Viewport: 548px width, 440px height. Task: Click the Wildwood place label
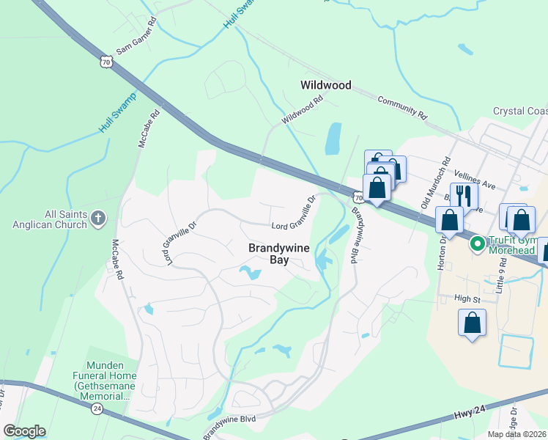coord(326,85)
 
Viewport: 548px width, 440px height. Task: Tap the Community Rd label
coord(402,107)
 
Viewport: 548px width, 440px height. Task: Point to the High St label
coord(467,298)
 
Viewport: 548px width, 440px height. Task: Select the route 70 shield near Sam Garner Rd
coord(108,62)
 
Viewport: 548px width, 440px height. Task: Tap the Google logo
coord(24,431)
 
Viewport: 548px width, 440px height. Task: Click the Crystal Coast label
coord(519,111)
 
